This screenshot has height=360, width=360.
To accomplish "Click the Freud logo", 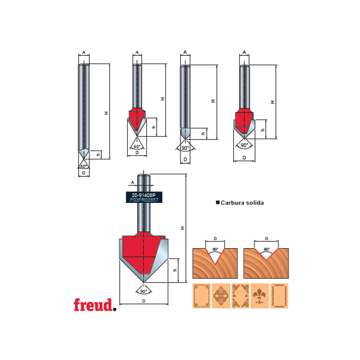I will pyautogui.click(x=94, y=305).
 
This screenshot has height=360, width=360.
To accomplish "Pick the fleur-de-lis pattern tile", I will pyautogui.click(x=260, y=296).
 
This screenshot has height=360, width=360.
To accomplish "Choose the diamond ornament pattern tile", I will pyautogui.click(x=221, y=296).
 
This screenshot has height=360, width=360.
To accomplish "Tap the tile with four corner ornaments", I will pyautogui.click(x=240, y=296).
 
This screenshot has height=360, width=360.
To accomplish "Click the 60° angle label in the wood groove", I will pyautogui.click(x=215, y=249).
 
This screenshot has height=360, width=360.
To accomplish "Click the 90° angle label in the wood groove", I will pyautogui.click(x=266, y=249).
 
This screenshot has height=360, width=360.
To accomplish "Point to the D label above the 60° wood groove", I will pyautogui.click(x=215, y=238).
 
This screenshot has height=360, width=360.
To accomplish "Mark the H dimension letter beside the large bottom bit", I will pyautogui.click(x=183, y=228).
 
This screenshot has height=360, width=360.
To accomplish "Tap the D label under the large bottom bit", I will pyautogui.click(x=144, y=301).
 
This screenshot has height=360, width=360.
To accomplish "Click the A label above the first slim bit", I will pyautogui.click(x=84, y=53).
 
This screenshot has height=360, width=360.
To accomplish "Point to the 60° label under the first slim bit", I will pyautogui.click(x=84, y=166).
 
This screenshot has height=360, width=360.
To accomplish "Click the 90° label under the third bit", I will pyautogui.click(x=185, y=148).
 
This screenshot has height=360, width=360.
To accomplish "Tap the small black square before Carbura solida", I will pyautogui.click(x=218, y=203).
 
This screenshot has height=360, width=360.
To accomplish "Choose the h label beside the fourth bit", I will pyautogui.click(x=262, y=130).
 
